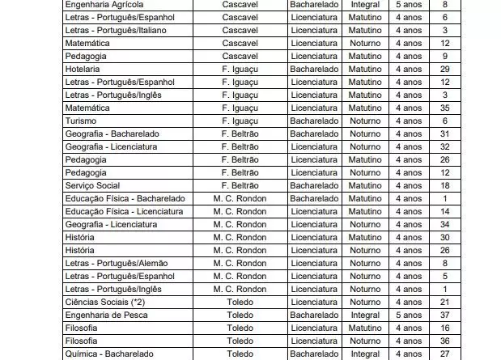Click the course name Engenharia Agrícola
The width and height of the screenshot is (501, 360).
click(x=104, y=4)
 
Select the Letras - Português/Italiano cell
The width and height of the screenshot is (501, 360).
click(x=115, y=30)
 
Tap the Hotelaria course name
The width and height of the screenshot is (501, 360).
click(x=83, y=69)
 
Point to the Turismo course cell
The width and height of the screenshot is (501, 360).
click(x=80, y=121)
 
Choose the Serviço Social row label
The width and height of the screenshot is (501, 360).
click(x=92, y=185)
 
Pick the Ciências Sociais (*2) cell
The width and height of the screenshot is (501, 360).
click(x=104, y=302)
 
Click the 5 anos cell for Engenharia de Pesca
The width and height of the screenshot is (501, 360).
click(x=408, y=315)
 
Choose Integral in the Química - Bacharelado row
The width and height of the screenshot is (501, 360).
click(x=365, y=354)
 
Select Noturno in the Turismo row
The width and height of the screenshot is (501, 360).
click(x=365, y=121)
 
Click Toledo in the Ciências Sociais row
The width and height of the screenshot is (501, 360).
click(x=240, y=302)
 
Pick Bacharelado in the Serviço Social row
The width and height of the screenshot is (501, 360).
click(x=314, y=185)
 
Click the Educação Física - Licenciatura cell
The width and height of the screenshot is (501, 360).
click(x=124, y=211)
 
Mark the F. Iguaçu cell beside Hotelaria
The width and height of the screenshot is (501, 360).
click(x=240, y=69)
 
